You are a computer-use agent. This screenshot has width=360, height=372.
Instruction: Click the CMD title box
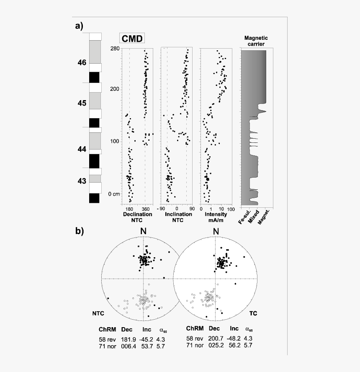tap(132, 39)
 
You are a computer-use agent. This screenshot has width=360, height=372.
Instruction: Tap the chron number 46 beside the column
tap(82, 62)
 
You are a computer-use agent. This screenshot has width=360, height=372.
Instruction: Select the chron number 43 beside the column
tap(82, 181)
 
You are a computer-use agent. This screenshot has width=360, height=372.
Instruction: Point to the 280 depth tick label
tap(115, 49)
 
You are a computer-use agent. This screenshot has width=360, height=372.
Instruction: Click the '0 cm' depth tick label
tap(114, 194)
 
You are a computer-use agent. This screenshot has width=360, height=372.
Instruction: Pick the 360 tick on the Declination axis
tap(146, 209)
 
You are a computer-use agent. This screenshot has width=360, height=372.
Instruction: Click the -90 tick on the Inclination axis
tap(161, 209)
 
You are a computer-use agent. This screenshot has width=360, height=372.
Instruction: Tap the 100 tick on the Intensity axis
tap(231, 209)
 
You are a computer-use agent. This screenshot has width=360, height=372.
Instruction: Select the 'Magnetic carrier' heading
tap(256, 41)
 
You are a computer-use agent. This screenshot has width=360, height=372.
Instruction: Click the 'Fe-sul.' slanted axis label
tap(244, 217)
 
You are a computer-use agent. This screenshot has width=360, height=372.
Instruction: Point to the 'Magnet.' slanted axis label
tap(264, 217)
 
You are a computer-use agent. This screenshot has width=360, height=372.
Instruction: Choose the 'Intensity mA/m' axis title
tap(216, 217)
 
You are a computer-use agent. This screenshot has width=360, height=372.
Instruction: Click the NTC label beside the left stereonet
tap(98, 313)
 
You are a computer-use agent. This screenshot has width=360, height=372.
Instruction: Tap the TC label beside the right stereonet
tap(253, 313)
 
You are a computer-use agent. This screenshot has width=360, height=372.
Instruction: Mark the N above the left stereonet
tap(144, 231)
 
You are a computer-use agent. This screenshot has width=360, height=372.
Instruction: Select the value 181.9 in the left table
tap(129, 339)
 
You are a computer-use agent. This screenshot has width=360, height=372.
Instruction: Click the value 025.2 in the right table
tap(216, 345)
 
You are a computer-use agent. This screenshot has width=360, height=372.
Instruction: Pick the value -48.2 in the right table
tap(234, 338)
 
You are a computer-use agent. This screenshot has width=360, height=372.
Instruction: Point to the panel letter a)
tap(79, 26)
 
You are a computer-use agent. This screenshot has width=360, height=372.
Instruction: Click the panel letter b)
tap(80, 231)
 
